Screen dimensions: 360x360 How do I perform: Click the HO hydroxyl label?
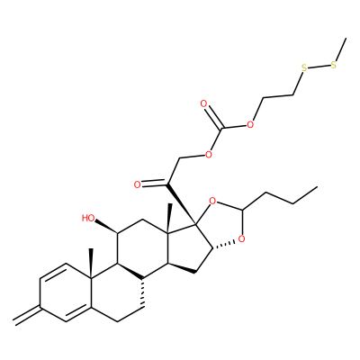pos(88,218)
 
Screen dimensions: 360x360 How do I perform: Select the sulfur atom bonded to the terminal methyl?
pos(334,66)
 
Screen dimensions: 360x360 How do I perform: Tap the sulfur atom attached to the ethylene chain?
pos(304,67)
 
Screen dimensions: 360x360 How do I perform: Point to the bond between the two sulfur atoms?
pos(319,67)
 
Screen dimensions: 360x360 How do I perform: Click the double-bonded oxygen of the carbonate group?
pos(204,104)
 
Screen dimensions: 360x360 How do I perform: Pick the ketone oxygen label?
pos(138,184)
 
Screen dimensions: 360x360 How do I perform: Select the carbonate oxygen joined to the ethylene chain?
pos(249,124)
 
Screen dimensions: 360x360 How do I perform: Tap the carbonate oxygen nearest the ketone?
pos(208,155)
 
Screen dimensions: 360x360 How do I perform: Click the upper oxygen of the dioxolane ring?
pos(212,201)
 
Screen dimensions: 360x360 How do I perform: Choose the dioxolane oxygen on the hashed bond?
pos(241,239)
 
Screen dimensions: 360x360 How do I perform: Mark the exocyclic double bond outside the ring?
pos(27,315)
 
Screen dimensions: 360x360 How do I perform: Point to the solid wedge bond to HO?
pos(107,227)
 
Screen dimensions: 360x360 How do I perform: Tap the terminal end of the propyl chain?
pos(317,186)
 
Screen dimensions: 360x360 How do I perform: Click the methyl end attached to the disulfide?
pos(346,39)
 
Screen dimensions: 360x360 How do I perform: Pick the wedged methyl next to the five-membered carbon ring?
pos(170,218)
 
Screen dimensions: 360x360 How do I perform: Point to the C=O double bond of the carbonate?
pos(214,118)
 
